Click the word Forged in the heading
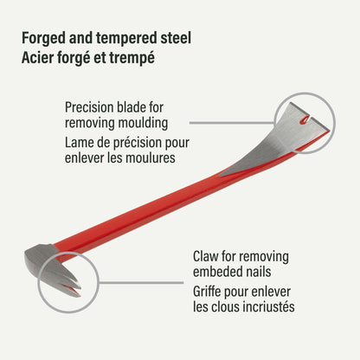pyautogui.click(x=43, y=38)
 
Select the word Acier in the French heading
pyautogui.click(x=37, y=58)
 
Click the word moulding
pyautogui.click(x=143, y=123)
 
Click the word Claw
pyautogui.click(x=205, y=256)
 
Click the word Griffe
pyautogui.click(x=207, y=292)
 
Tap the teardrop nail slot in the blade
pyautogui.click(x=304, y=120)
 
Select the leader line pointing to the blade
pyautogui.click(x=233, y=123)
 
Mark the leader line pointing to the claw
pyautogui.click(x=141, y=283)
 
